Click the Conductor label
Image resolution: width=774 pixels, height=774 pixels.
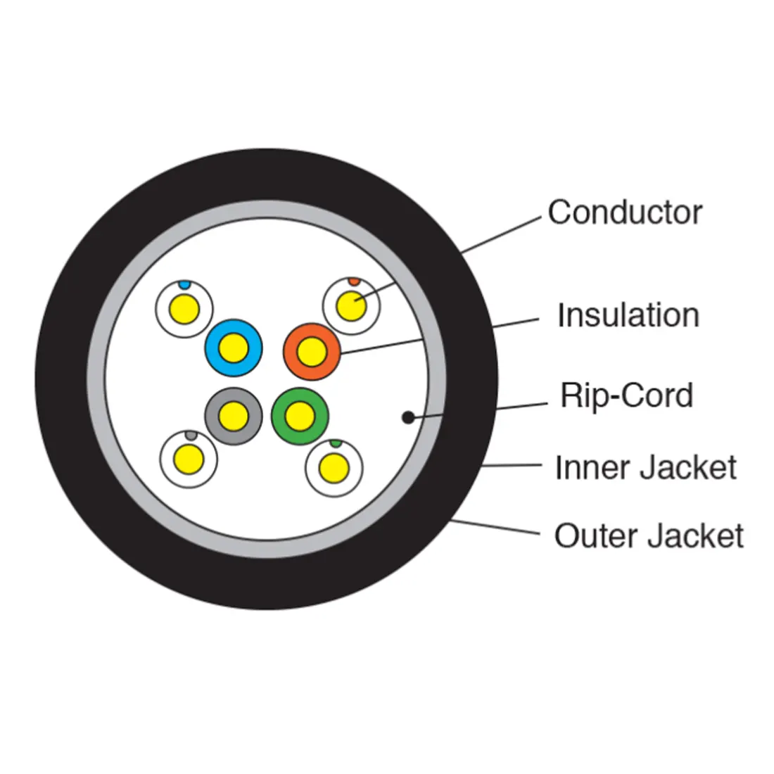pos(625,212)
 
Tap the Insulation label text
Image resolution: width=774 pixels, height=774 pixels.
pos(628,315)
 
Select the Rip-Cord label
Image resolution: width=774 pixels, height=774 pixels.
pos(626,395)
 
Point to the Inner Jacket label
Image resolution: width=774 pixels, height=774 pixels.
pos(645,468)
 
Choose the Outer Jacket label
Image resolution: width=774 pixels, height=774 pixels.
pos(648,536)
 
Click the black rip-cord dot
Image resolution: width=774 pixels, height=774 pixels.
pos(407,418)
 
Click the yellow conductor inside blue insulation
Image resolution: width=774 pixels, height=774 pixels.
pos(233,348)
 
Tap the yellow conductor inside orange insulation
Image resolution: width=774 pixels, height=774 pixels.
pos(311,351)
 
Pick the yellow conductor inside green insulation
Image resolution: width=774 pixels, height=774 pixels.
pos(299,416)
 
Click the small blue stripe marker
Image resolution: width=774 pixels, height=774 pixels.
pos(184,286)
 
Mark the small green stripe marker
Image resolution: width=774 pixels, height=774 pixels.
pos(336,443)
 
